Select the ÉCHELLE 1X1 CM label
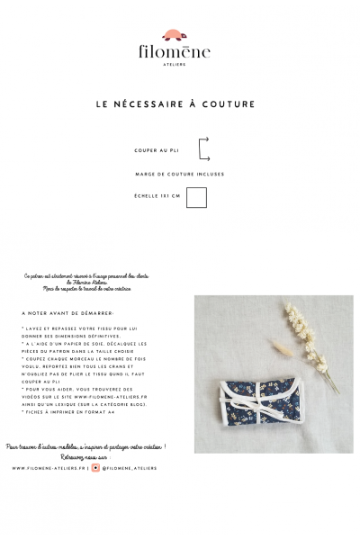157,195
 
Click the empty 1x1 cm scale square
197,196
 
